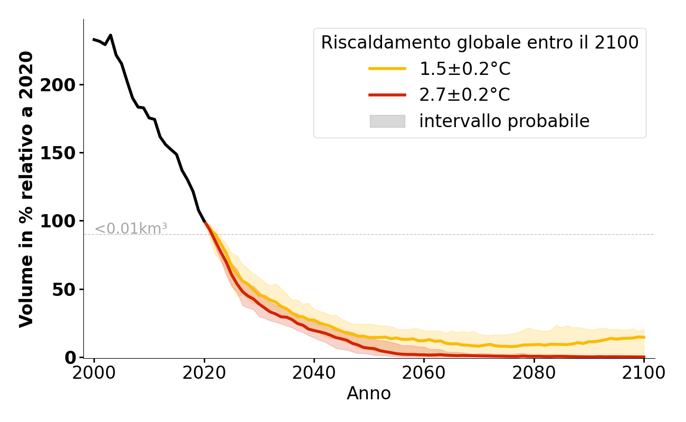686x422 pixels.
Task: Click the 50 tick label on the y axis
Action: click(64, 289)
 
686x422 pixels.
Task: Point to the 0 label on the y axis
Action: click(71, 357)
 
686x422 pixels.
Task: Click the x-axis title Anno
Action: click(369, 394)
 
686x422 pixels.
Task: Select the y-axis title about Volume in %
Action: click(26, 189)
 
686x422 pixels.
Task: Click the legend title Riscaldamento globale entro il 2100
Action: click(480, 43)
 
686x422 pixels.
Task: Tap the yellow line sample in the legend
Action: click(387, 69)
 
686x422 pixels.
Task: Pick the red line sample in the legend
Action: click(387, 95)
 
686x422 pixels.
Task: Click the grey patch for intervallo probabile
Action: click(387, 121)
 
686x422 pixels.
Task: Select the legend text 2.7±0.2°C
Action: click(464, 95)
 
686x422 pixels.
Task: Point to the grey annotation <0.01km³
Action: click(131, 229)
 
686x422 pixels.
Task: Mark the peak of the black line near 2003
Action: click(110, 35)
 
